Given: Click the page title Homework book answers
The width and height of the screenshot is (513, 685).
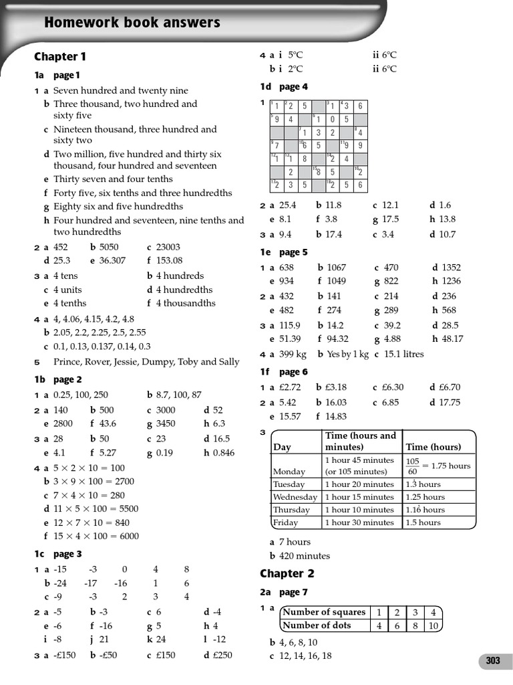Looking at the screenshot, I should click(x=132, y=23).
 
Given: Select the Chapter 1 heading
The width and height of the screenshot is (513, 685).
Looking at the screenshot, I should click(x=60, y=57).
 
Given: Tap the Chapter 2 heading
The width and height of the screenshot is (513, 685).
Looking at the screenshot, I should click(x=287, y=573).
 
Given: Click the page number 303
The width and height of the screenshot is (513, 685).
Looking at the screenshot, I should click(x=493, y=661).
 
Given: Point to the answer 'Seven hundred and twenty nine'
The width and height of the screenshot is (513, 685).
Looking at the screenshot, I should click(x=120, y=90).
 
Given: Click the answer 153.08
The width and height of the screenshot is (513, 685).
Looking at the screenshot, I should click(x=169, y=261).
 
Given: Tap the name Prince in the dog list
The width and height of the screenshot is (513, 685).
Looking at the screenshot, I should click(x=67, y=362).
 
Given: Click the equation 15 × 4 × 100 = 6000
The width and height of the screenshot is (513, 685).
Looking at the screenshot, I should click(x=96, y=536).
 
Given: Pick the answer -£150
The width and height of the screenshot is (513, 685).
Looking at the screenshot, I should click(x=65, y=655).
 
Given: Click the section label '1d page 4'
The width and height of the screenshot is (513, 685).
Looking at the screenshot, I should click(x=284, y=86).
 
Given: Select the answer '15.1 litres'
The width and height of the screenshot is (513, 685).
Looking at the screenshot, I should click(x=403, y=354).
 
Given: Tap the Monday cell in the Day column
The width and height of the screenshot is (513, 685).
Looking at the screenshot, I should click(x=289, y=471).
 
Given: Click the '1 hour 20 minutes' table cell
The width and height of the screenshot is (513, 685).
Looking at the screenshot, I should click(x=359, y=484).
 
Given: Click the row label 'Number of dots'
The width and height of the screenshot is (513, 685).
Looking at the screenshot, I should click(x=323, y=625).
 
